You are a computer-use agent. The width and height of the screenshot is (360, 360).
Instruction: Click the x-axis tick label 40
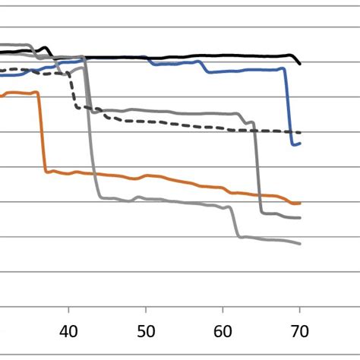click(69, 332)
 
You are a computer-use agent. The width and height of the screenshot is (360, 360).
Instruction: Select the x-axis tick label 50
click(146, 332)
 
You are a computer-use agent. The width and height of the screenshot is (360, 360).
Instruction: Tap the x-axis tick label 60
click(223, 332)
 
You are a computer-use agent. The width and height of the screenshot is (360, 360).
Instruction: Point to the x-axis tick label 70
click(300, 332)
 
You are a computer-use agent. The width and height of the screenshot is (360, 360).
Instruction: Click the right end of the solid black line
click(301, 64)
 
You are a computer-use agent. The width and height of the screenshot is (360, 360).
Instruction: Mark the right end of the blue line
click(300, 143)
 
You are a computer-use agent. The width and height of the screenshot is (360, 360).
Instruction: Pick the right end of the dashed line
click(301, 132)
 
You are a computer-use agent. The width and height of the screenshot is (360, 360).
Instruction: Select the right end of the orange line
click(300, 204)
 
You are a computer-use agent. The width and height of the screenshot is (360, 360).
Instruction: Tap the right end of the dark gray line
click(300, 218)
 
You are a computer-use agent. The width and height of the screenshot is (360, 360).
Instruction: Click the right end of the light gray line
click(300, 243)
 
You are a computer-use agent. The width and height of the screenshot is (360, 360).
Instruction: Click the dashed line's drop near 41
click(75, 95)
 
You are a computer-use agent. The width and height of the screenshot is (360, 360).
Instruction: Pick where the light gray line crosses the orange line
click(95, 174)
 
